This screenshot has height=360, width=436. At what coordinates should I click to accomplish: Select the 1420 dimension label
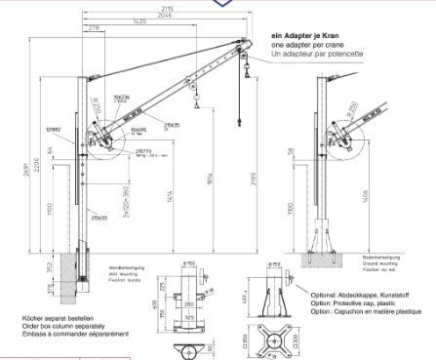pos(143,20)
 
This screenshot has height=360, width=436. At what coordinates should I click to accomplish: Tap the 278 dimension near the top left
pos(94,29)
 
